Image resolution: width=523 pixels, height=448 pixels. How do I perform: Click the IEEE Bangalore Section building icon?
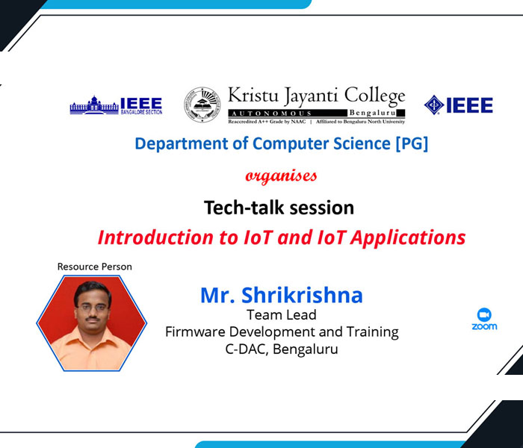tap(94, 105)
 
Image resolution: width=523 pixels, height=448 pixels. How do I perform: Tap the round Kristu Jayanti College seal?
tap(202, 105)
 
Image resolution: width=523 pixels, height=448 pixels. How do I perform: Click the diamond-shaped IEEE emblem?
tap(434, 105)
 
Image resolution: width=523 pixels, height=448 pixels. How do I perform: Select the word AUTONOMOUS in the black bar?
tap(271, 113)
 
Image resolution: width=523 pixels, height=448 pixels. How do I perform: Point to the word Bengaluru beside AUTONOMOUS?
tap(372, 113)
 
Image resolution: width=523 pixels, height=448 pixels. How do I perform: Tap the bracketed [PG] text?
tap(411, 143)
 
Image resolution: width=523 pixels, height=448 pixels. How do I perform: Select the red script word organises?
tap(281, 176)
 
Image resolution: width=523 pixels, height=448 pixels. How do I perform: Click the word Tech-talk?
tap(244, 208)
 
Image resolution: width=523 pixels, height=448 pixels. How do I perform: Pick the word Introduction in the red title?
tap(155, 237)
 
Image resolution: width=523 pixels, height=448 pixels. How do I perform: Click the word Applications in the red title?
tap(408, 238)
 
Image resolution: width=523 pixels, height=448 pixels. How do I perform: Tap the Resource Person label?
tap(95, 267)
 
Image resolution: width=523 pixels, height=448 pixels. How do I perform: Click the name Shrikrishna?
tap(302, 295)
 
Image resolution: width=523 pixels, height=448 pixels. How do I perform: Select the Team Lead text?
tap(282, 314)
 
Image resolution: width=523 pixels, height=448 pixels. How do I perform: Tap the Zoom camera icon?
tap(484, 314)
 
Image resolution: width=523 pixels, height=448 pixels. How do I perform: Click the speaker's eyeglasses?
tap(92, 308)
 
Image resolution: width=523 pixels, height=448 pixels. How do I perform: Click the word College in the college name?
tap(375, 96)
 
